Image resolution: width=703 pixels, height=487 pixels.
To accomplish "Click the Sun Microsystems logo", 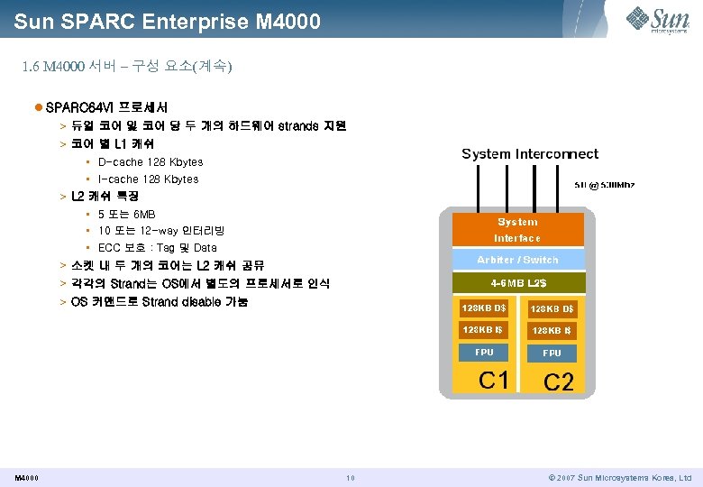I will coord(659,20).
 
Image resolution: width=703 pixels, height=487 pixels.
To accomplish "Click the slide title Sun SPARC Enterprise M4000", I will coord(168,20).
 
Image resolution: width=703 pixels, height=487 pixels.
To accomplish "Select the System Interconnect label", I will coord(530,154).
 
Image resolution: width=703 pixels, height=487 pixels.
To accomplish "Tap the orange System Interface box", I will coord(516,230).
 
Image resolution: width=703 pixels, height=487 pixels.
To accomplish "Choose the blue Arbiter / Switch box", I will coord(516,260).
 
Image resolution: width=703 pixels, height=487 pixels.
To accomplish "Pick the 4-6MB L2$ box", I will coord(516,283).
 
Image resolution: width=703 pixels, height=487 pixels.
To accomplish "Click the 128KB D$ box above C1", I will coord(483,308).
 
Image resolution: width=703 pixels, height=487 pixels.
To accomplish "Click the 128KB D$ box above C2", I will coord(552,309).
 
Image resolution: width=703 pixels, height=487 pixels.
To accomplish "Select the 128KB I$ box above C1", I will coord(483,330).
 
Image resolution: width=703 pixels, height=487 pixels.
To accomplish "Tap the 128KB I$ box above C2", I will coord(552,331).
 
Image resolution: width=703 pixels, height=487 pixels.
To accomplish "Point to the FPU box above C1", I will coord(484,353).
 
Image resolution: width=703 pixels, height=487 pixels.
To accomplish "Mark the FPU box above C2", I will coord(552,354).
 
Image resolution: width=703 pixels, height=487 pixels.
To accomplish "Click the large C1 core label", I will coord(494,380).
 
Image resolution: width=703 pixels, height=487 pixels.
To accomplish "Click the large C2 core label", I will coord(559,382).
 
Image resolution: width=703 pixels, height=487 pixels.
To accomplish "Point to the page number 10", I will coord(351,478).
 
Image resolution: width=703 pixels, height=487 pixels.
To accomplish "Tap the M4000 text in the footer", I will coord(26,478).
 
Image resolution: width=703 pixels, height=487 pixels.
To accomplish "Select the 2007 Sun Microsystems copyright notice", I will coord(619,478).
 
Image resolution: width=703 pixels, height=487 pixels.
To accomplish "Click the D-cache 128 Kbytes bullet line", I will coord(150,162).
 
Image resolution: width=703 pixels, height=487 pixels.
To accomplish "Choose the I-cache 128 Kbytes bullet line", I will coord(148,179).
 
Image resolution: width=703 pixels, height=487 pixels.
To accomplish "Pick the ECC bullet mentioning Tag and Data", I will coord(157,248).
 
